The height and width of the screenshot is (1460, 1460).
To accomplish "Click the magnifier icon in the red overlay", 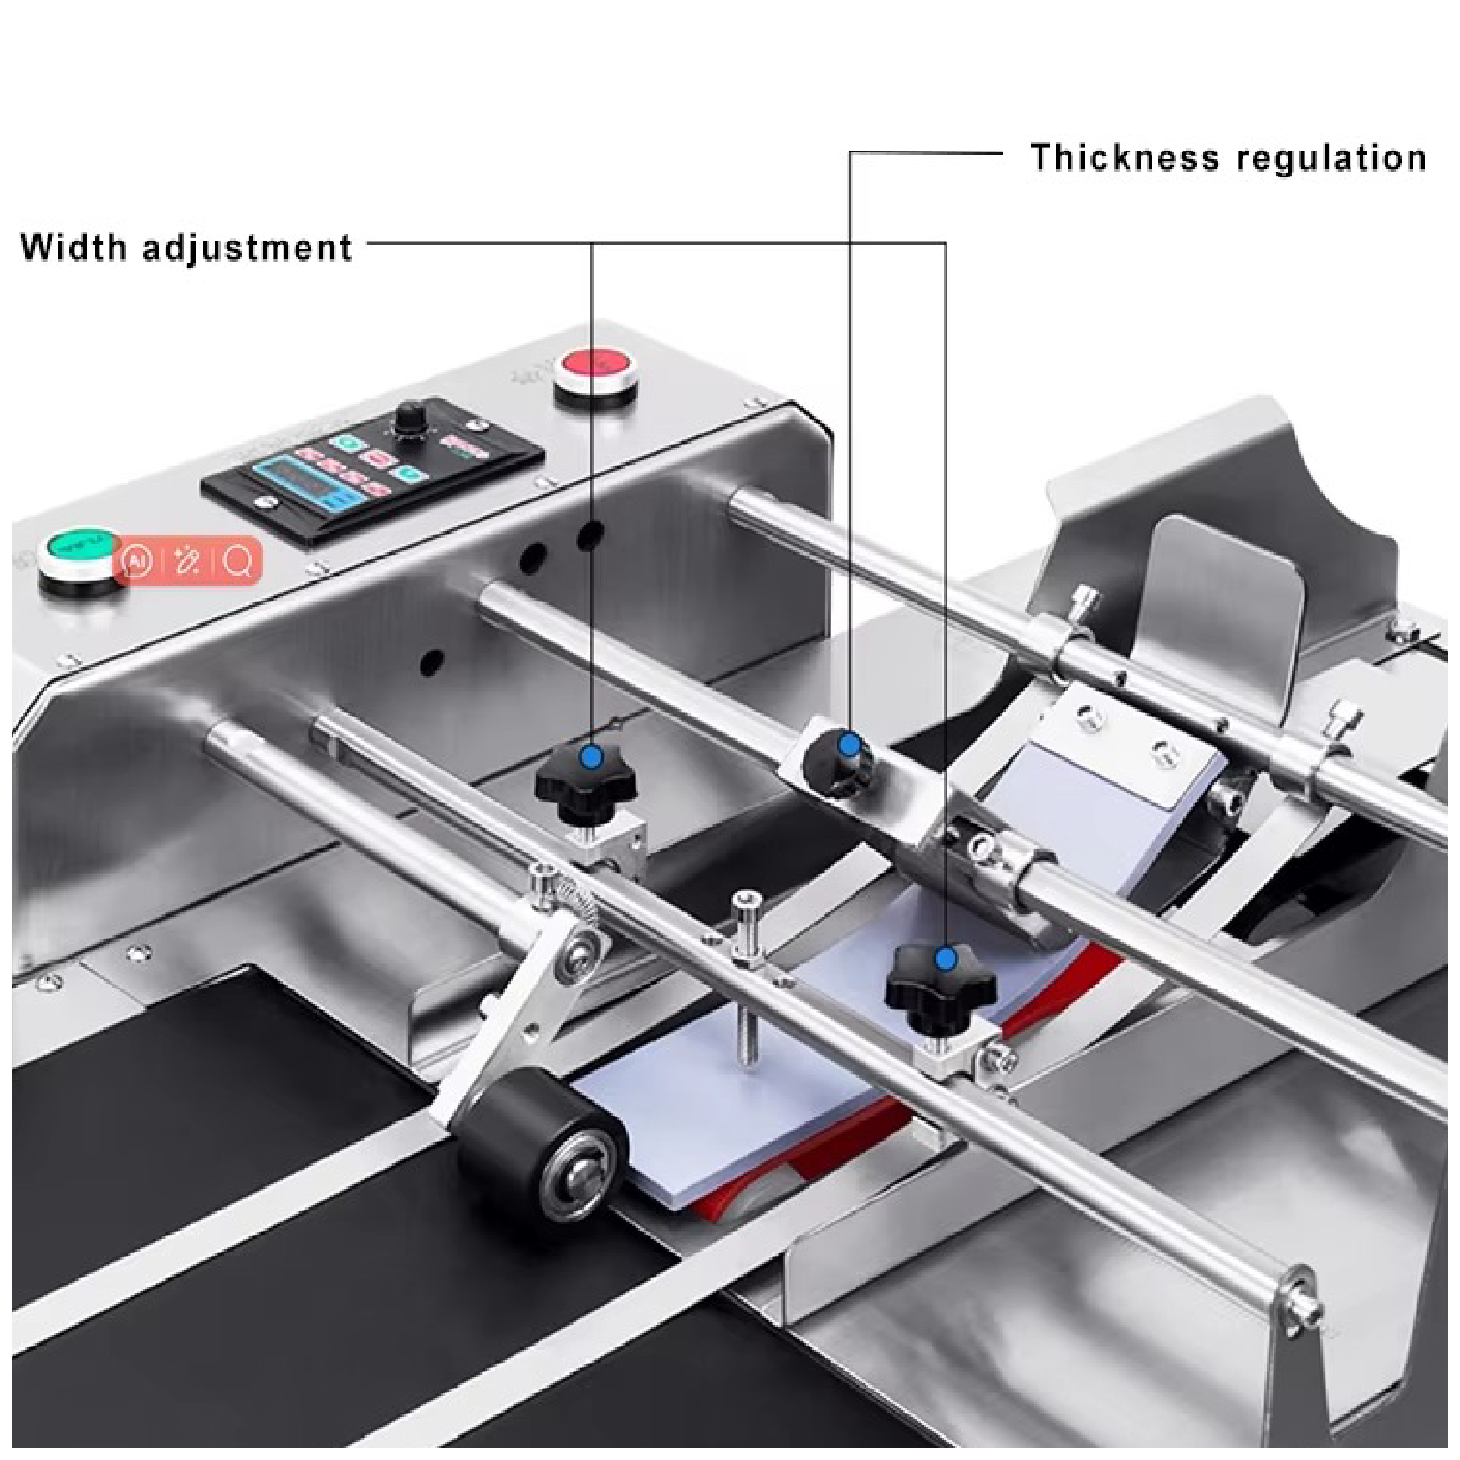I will pyautogui.click(x=238, y=562).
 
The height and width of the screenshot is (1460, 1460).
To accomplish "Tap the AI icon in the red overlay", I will pyautogui.click(x=136, y=562).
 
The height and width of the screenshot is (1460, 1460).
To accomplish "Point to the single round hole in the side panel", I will pyautogui.click(x=431, y=662).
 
